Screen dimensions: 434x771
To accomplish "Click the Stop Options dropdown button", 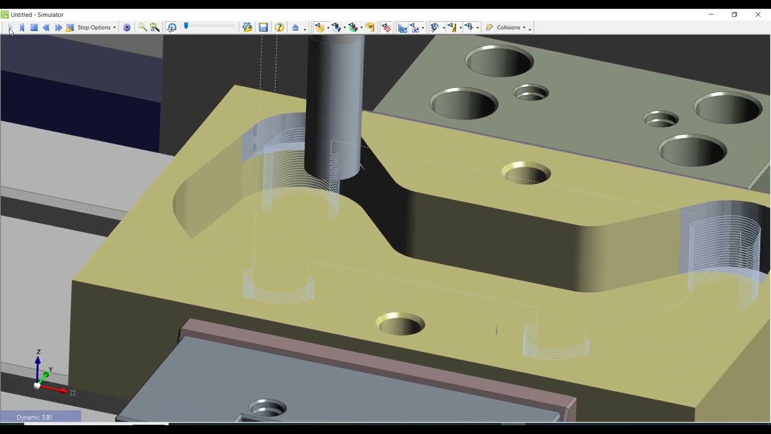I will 96,27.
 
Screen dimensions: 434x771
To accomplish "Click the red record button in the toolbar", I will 126,27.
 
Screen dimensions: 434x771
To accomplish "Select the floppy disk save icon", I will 263,27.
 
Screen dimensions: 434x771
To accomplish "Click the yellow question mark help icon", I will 279,27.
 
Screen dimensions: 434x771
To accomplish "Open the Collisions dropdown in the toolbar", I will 508,27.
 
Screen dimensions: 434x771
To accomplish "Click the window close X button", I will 758,14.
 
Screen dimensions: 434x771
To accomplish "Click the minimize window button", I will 711,14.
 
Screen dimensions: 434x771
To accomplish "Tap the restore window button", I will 734,14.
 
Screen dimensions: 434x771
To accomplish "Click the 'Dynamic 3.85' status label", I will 34,417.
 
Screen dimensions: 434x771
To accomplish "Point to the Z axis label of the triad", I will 39,352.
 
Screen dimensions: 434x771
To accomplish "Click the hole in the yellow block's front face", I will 401,324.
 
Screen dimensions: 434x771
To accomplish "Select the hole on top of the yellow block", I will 526,173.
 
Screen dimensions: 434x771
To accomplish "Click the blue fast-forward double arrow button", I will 58,27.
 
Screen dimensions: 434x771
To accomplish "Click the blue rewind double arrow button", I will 46,27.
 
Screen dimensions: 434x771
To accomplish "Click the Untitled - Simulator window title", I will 37,14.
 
